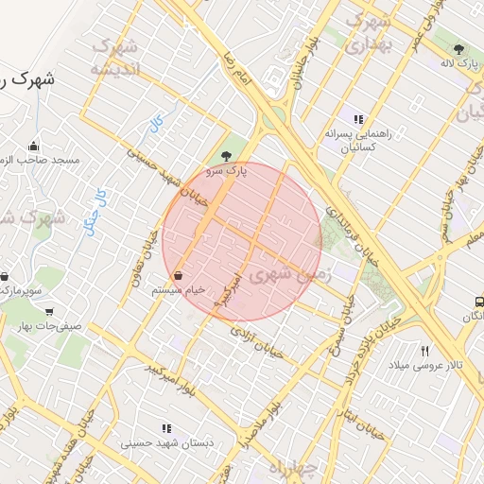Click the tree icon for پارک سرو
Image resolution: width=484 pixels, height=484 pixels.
click(225, 157)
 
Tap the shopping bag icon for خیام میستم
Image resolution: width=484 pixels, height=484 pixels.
click(180, 275)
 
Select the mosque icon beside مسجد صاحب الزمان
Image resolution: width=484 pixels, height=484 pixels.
click(34, 146)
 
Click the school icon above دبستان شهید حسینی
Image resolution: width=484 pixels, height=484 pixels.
click(167, 428)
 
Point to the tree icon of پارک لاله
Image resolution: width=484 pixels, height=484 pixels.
click(459, 49)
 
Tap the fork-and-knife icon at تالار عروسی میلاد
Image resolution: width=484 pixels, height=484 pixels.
click(424, 351)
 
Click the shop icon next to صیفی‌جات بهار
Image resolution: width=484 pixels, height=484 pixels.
click(49, 311)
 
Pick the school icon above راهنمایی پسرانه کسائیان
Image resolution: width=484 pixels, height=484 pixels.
click(357, 119)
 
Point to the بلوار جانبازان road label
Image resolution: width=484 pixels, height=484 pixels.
click(307, 63)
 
